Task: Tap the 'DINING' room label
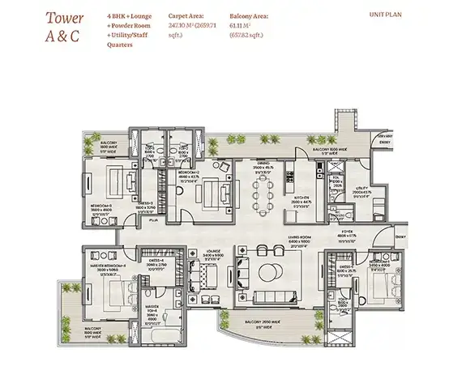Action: click(x=260, y=167)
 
